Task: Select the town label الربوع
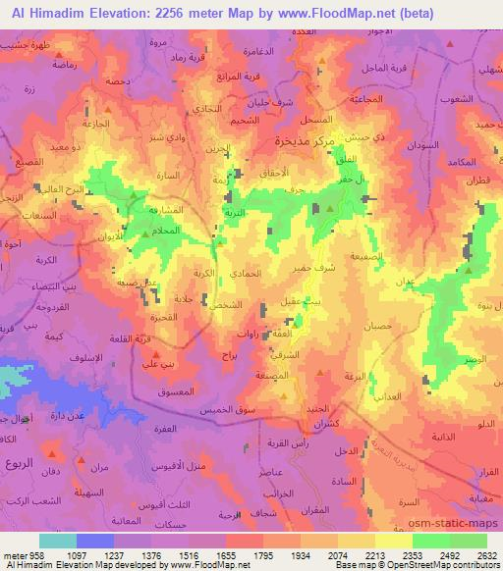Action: coord(19,463)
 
